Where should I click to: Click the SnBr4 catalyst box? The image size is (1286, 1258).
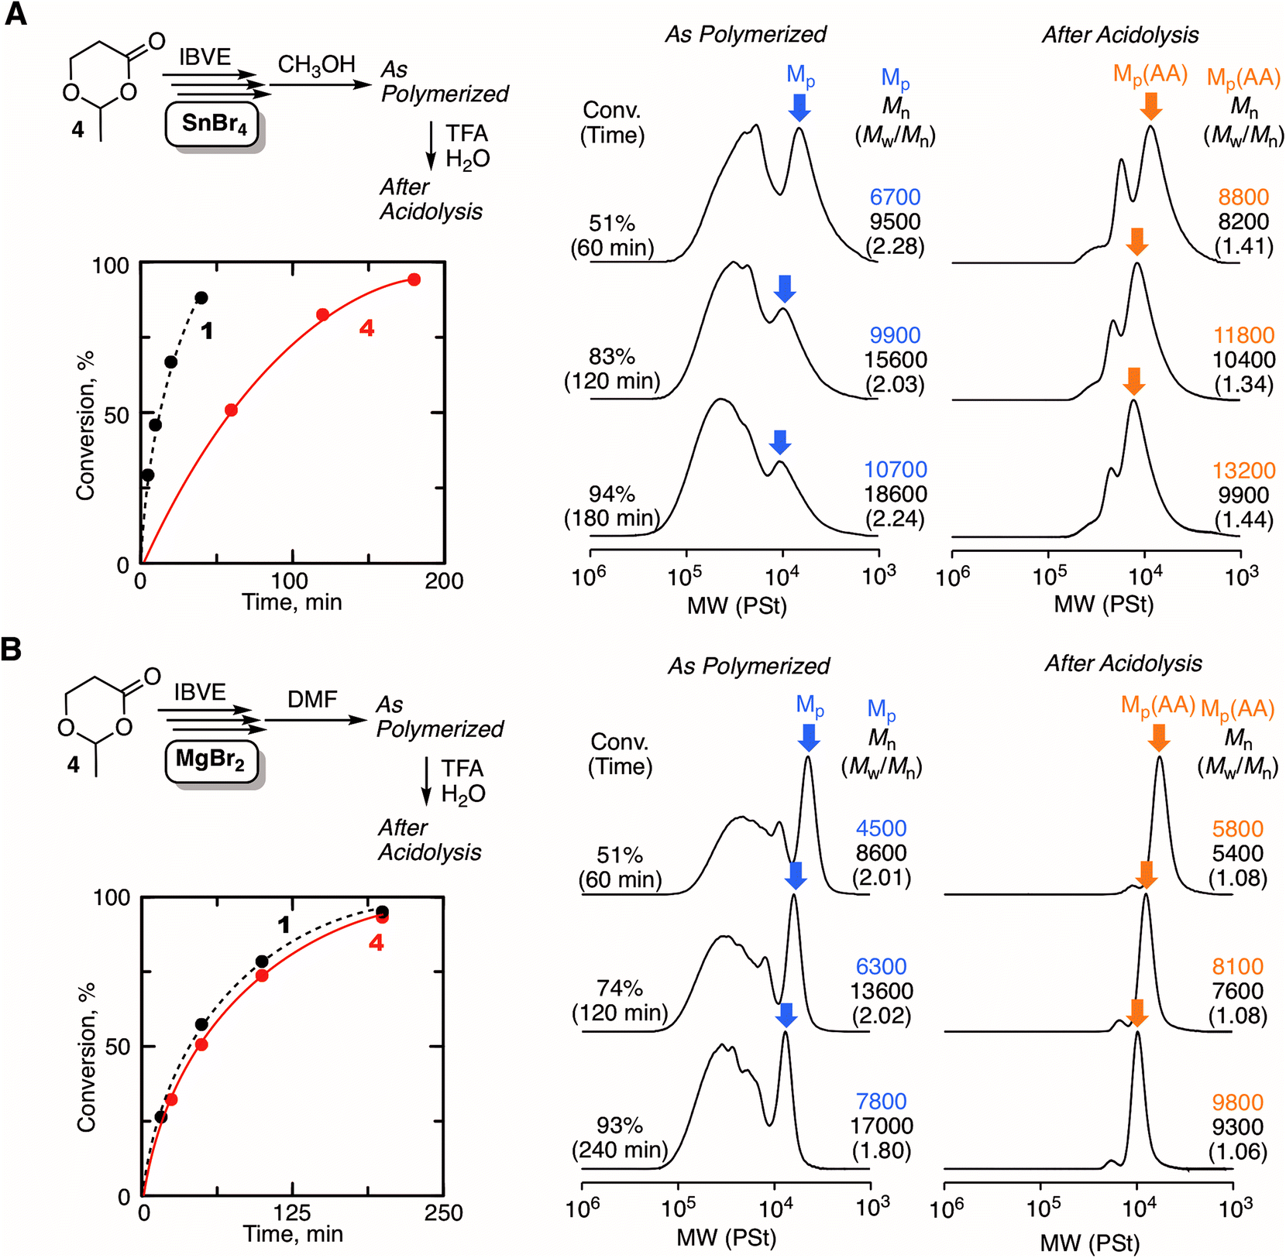(211, 123)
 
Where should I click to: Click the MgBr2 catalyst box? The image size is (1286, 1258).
(211, 759)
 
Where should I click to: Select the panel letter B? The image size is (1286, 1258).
(12, 649)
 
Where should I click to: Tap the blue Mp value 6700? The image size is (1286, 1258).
(895, 197)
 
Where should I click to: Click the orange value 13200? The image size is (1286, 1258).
(1243, 470)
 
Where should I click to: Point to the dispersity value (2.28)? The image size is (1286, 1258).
(895, 247)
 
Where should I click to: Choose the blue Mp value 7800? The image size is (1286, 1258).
(882, 1102)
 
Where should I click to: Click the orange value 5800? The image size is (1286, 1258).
(1237, 829)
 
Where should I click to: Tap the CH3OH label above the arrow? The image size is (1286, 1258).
(316, 64)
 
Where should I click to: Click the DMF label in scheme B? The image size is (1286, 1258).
(312, 699)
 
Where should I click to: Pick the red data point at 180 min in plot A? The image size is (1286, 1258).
(414, 279)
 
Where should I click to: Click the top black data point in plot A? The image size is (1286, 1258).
(201, 298)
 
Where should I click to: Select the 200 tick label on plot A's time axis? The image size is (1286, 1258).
(444, 581)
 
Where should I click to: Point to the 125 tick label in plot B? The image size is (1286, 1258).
(293, 1212)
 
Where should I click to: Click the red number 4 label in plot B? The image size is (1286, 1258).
(376, 943)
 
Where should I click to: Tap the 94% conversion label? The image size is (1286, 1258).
(612, 494)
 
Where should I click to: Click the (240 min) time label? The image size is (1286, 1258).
(620, 1150)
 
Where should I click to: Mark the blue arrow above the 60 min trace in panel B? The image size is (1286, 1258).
(809, 737)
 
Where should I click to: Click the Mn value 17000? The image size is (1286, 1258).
(882, 1126)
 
